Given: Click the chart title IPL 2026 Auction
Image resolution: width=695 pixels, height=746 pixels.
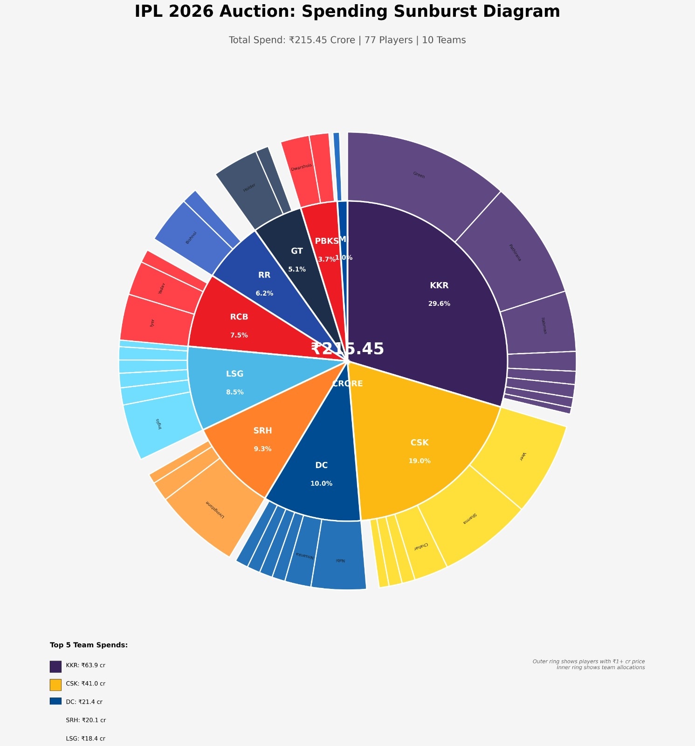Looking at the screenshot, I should coord(347,12).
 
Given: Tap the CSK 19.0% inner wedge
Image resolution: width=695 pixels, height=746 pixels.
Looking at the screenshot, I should coord(420,450).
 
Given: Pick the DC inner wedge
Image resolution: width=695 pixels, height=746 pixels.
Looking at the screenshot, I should coord(322,473).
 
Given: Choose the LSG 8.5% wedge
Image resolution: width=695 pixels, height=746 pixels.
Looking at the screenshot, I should coord(234,382).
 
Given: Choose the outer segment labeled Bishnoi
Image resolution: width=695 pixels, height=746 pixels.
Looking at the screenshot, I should coord(191,238).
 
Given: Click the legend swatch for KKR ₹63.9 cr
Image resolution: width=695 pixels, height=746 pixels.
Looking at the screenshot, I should coord(55,666).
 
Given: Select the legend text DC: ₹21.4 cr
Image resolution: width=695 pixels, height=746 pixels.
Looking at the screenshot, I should coord(84,702).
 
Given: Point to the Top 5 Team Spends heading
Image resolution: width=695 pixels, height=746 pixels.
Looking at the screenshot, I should coord(89,645).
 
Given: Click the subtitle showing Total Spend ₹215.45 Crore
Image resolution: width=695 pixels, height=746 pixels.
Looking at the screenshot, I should coord(347,40).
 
